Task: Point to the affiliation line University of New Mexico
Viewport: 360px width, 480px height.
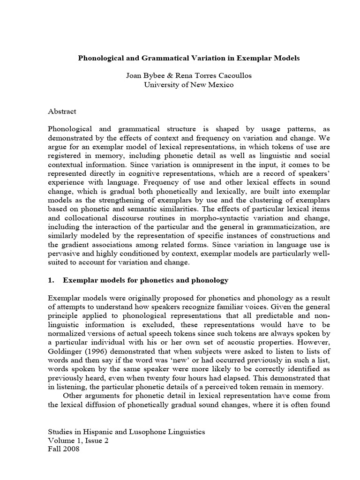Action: [x=188, y=85]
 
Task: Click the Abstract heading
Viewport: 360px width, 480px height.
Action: [x=62, y=112]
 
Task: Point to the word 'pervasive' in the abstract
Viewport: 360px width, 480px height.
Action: [x=65, y=254]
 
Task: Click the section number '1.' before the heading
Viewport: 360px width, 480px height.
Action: [x=52, y=280]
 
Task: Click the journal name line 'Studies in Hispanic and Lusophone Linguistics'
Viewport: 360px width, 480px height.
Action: [x=127, y=431]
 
